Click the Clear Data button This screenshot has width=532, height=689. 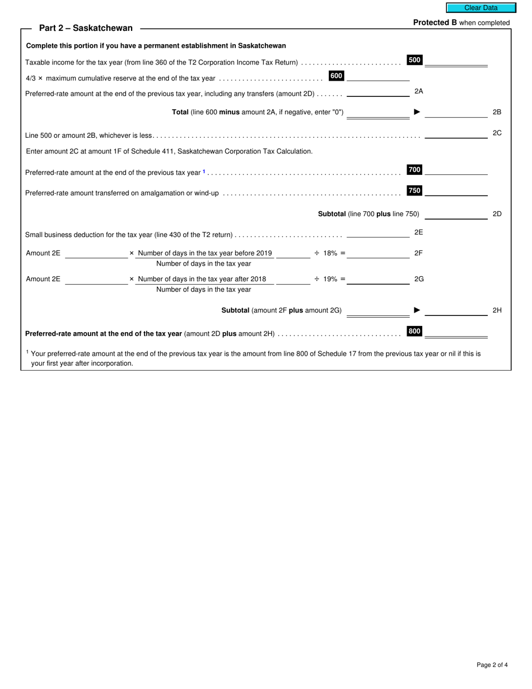pos(480,8)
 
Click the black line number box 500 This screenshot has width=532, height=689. pos(414,60)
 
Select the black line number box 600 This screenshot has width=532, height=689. pos(336,76)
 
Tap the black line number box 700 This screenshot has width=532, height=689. pos(414,170)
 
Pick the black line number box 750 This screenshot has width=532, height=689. pos(414,191)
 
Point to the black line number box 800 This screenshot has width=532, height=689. pos(414,332)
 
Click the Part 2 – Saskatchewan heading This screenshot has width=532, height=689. pos(86,28)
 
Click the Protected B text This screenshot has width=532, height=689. pos(435,23)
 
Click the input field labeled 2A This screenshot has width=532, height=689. pos(378,91)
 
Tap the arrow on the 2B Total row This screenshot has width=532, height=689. pos(417,112)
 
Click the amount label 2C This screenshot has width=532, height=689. pos(497,133)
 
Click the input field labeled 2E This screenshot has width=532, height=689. pos(378,232)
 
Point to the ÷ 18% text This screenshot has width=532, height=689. pos(329,253)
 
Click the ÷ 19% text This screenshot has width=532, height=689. pos(329,279)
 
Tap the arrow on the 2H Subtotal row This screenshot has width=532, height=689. pos(417,310)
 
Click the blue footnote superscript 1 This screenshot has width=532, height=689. pos(204,171)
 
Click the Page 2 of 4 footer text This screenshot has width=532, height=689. pos(492,665)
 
